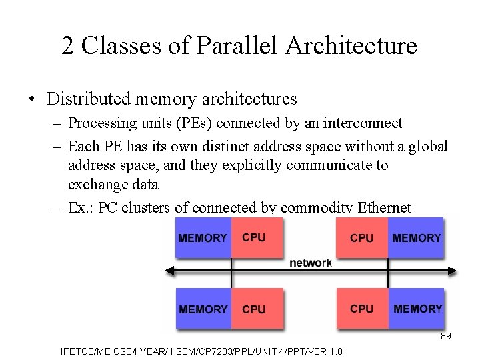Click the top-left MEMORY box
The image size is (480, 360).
tap(203, 238)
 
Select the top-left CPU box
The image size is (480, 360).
tap(255, 238)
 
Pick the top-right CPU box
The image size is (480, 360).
tap(362, 238)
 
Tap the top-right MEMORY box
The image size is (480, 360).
tap(416, 238)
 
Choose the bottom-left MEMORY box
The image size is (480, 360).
tap(203, 309)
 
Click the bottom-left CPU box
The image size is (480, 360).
tap(255, 309)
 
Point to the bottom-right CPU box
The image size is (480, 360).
tap(362, 309)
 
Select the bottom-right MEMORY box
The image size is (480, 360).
tap(417, 309)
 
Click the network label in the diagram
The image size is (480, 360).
tap(310, 263)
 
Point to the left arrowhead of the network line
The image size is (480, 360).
tap(169, 271)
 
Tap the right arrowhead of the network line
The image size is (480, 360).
tap(453, 271)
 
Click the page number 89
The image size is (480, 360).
tap(446, 336)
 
